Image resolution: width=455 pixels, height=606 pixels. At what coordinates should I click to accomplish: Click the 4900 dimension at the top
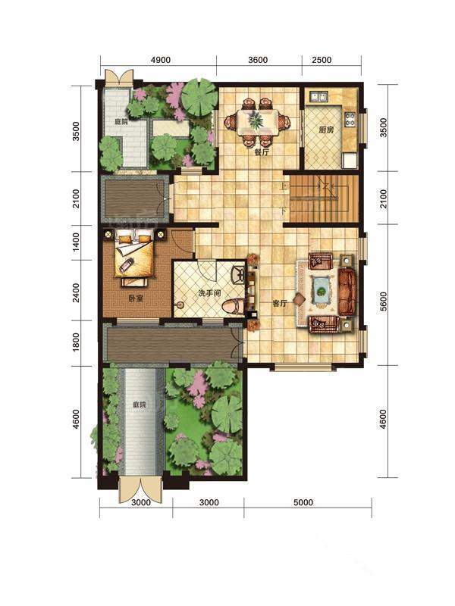[x=161, y=60]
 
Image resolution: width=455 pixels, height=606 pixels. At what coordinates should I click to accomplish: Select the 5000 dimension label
[x=303, y=502]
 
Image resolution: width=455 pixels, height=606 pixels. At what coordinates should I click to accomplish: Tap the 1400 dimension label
[x=77, y=242]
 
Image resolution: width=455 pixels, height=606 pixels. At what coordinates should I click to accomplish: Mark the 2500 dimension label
[x=322, y=60]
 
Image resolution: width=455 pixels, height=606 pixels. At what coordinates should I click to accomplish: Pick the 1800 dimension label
[x=77, y=342]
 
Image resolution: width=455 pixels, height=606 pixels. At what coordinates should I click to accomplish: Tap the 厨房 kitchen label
[x=326, y=130]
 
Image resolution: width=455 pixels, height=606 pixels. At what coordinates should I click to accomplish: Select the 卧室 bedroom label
[x=136, y=298]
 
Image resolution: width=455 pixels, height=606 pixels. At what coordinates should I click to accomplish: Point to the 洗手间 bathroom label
[x=209, y=293]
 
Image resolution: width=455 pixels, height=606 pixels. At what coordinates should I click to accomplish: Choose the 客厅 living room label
[x=280, y=304]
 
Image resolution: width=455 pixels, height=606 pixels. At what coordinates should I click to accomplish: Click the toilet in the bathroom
[x=234, y=306]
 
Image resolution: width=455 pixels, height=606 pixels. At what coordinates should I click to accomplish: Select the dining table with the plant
[x=257, y=122]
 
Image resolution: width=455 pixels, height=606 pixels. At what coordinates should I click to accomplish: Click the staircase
[x=325, y=198]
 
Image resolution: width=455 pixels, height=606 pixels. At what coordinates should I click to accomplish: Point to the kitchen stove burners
[x=350, y=120]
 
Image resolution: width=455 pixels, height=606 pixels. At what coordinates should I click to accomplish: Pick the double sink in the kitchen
[x=318, y=96]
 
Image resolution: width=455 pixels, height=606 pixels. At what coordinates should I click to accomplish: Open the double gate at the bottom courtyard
[x=140, y=489]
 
